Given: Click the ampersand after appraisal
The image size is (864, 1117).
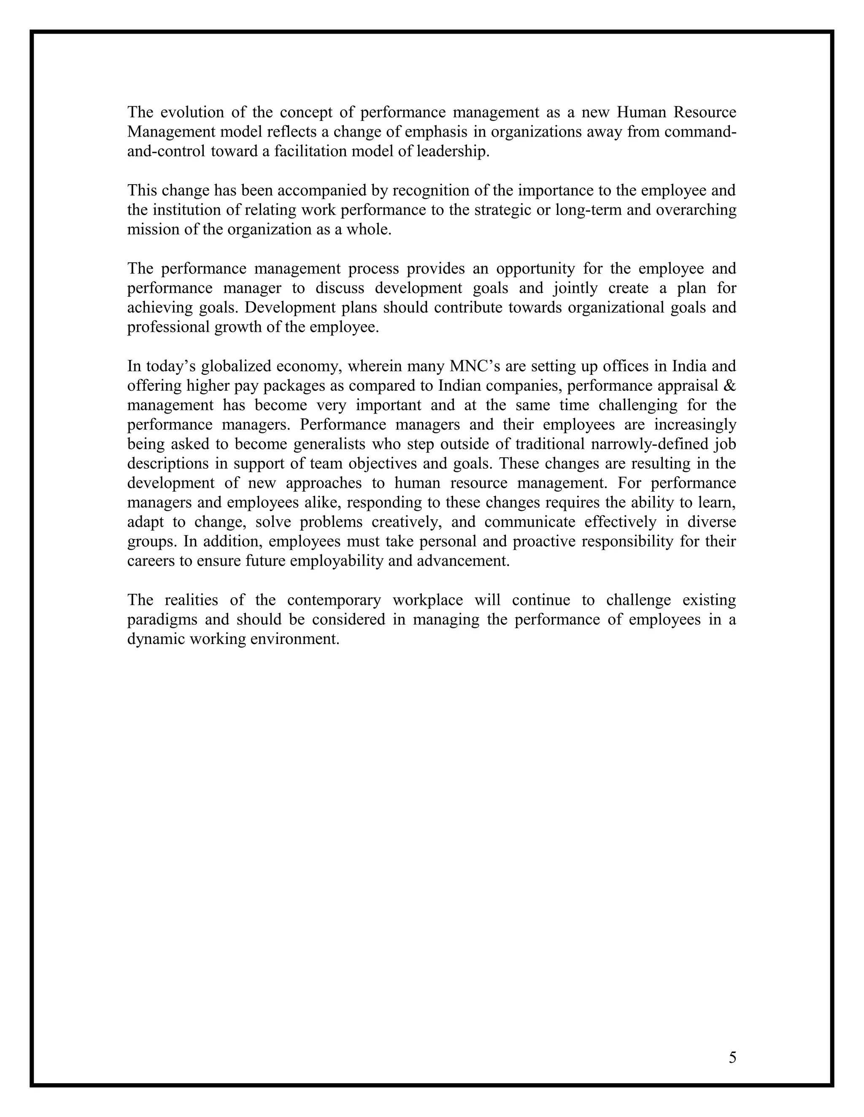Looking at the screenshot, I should pos(730,386).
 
